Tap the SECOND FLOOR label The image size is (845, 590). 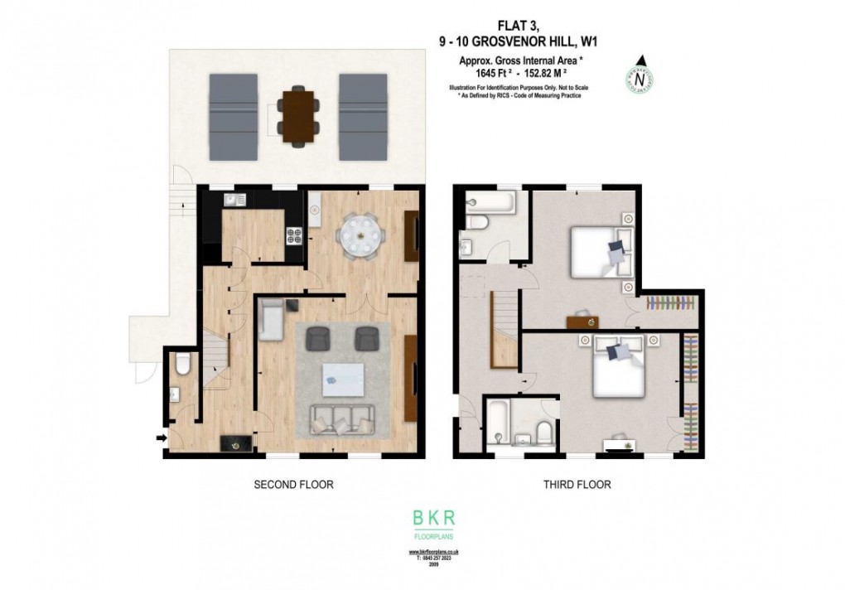coord(293,484)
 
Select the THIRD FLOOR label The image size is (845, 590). coord(578,484)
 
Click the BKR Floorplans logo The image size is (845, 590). coord(434,523)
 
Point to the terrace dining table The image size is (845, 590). coord(298,113)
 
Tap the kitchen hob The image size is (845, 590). coord(293,236)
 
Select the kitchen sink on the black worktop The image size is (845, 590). coord(230,199)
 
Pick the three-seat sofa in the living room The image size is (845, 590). coord(341,421)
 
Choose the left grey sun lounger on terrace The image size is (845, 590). coord(234,116)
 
